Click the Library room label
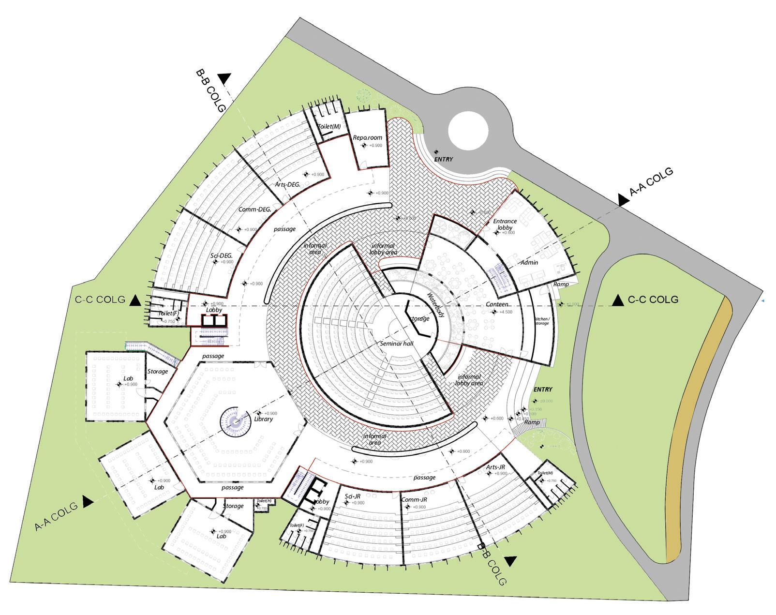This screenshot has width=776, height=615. [x=263, y=419]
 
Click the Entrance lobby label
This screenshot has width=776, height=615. [x=505, y=224]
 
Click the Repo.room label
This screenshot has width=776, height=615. [x=367, y=137]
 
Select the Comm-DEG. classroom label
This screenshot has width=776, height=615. [x=254, y=210]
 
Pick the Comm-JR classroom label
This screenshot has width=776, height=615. [x=415, y=500]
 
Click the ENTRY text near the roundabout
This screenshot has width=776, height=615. [x=443, y=159]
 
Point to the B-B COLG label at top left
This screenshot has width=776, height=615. [x=210, y=90]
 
